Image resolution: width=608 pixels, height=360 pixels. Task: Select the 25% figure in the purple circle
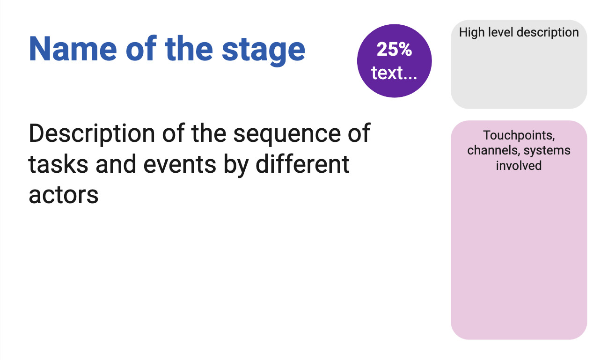click(x=394, y=49)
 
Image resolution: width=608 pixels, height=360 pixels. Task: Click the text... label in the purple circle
click(x=394, y=73)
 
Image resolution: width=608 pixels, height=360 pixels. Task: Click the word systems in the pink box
click(x=547, y=150)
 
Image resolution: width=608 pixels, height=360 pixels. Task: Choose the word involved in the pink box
click(x=519, y=165)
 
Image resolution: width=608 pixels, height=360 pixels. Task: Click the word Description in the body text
click(x=92, y=133)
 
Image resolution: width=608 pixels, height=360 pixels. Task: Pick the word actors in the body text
click(x=64, y=195)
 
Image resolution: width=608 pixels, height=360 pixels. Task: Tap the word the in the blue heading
click(x=191, y=49)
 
